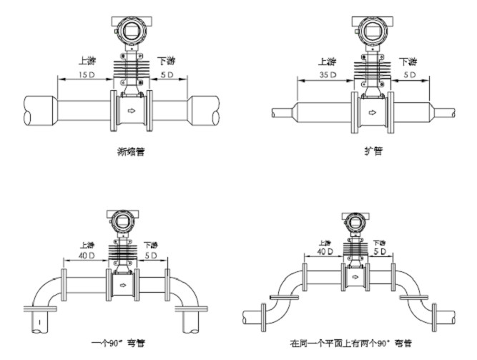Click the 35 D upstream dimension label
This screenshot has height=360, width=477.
(x=330, y=74)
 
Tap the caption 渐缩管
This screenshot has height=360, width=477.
(x=129, y=152)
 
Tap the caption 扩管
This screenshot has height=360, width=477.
(x=371, y=152)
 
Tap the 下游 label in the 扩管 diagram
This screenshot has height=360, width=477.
(x=408, y=62)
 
